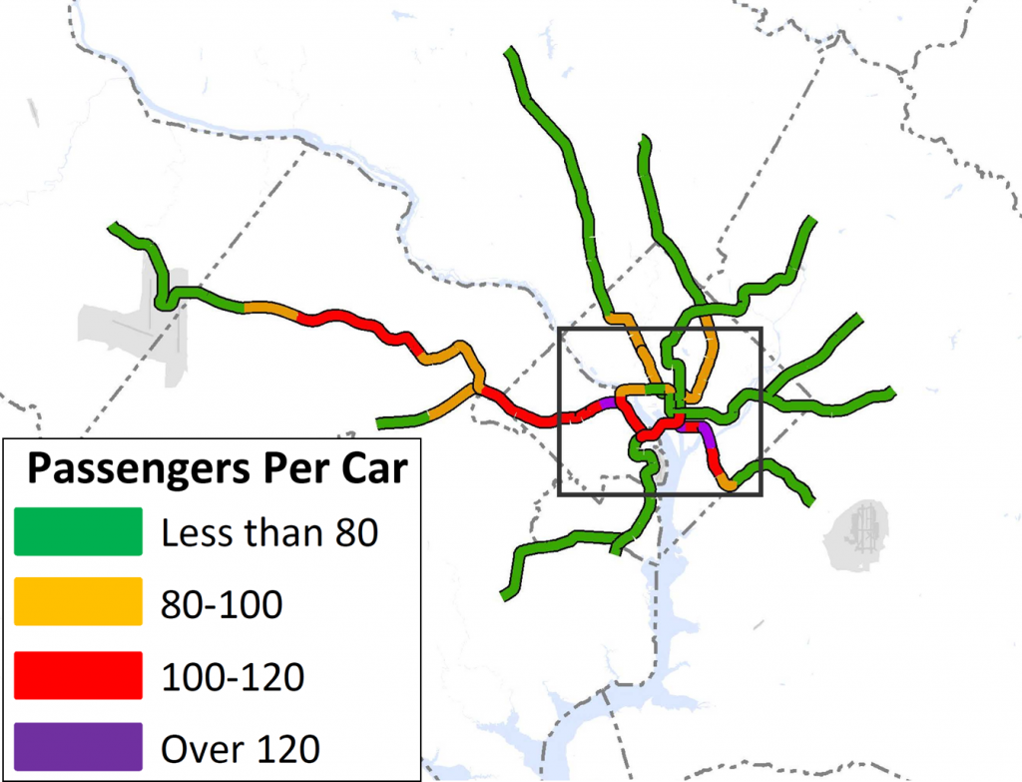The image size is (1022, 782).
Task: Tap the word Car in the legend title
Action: click(x=371, y=469)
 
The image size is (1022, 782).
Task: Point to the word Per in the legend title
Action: click(x=294, y=469)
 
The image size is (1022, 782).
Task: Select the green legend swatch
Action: click(x=78, y=531)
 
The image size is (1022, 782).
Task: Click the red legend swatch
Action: click(x=78, y=675)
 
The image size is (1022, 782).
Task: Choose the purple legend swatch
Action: click(x=78, y=746)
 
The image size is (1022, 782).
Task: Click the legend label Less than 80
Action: click(x=269, y=533)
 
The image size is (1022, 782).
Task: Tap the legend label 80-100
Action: click(x=222, y=603)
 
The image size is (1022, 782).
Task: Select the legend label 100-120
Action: click(x=233, y=676)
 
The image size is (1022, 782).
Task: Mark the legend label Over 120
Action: click(x=240, y=747)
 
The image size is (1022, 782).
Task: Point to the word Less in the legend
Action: click(x=195, y=533)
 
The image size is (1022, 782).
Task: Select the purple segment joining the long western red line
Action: click(x=607, y=403)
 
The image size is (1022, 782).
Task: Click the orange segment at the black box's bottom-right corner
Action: click(x=727, y=483)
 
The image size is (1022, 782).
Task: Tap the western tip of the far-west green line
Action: click(x=113, y=230)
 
